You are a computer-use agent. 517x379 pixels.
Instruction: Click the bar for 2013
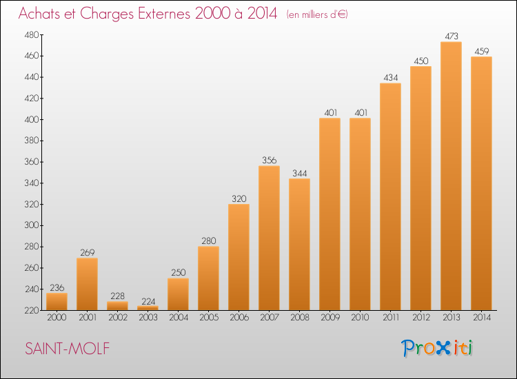click(451, 176)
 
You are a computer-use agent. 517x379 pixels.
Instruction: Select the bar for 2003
click(148, 308)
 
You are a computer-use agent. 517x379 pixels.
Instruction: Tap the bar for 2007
click(269, 238)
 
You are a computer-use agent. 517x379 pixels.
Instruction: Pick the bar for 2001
click(87, 284)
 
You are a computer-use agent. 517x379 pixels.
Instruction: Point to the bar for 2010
click(360, 214)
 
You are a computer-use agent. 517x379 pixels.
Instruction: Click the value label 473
click(452, 37)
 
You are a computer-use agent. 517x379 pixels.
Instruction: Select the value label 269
click(88, 252)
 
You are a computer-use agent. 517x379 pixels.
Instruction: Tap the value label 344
click(300, 174)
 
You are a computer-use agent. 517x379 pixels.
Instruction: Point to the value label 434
click(391, 78)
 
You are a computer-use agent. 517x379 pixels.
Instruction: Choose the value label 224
click(148, 301)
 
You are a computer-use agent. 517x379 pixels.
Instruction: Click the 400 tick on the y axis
click(32, 120)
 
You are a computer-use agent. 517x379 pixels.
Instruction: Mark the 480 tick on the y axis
click(32, 35)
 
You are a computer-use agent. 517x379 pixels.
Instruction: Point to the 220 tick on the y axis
click(32, 311)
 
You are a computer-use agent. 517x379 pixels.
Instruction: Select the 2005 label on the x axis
click(209, 318)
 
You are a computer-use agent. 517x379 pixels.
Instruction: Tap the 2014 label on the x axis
click(482, 318)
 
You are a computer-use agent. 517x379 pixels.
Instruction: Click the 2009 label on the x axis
click(330, 318)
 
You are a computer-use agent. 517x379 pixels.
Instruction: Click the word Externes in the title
click(164, 14)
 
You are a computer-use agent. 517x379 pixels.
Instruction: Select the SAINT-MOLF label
click(68, 349)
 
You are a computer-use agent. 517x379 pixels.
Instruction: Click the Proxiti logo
click(437, 348)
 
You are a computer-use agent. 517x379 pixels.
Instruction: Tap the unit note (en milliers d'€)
click(317, 15)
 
